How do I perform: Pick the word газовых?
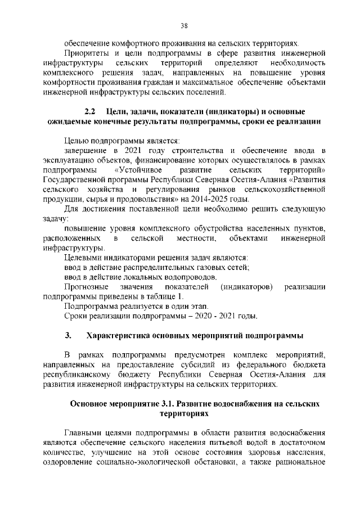tap(205, 268)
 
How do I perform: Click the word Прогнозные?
tap(86, 287)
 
